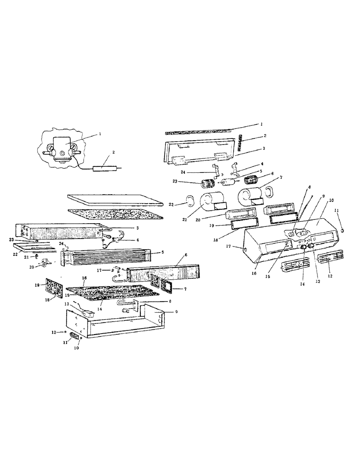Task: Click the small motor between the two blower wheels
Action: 229,183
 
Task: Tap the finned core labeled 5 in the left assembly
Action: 106,256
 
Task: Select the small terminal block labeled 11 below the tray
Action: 73,336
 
